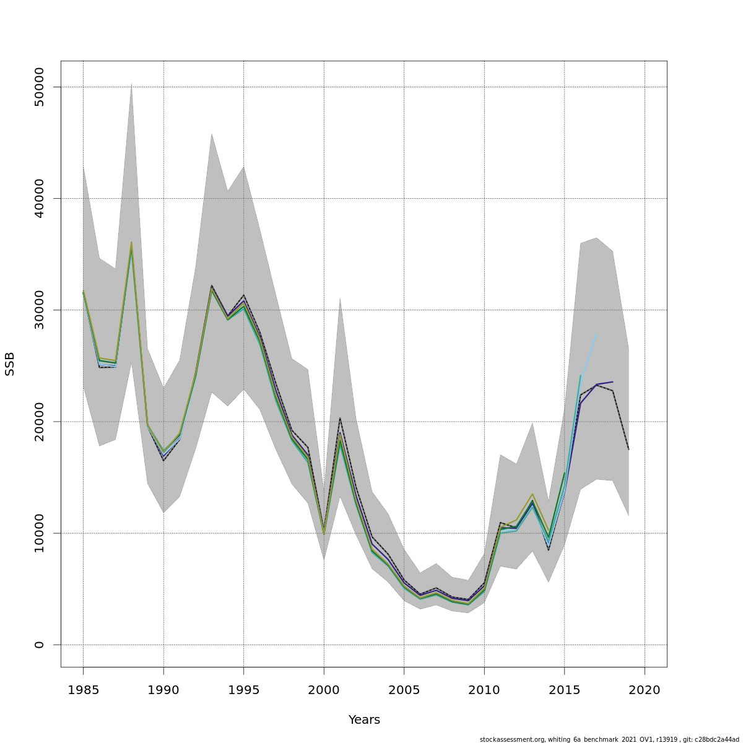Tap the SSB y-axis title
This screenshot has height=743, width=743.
10,364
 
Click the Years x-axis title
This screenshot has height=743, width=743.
364,720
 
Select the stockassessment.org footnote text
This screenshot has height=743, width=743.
609,739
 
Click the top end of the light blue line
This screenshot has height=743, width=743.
596,333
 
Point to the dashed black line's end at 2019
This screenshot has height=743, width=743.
628,450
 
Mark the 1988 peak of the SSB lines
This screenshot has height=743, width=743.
131,243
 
